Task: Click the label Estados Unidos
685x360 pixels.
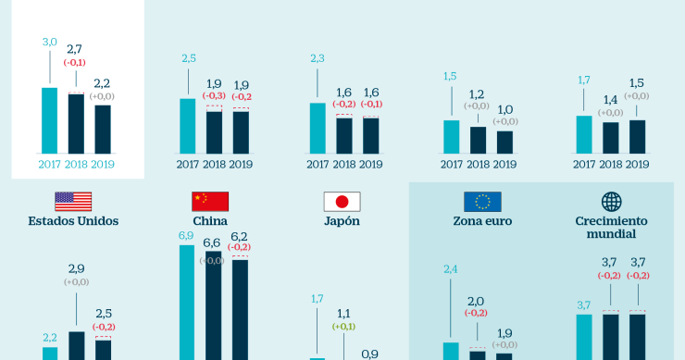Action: (x=73, y=222)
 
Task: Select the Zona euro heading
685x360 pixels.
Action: (x=482, y=222)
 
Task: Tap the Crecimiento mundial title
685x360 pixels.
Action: (x=611, y=228)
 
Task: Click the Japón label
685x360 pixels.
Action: (x=341, y=222)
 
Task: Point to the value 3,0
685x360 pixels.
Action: (x=50, y=42)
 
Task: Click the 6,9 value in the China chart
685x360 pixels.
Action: (x=186, y=237)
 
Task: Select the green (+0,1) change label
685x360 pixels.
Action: (x=344, y=327)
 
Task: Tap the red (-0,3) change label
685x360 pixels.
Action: (x=215, y=95)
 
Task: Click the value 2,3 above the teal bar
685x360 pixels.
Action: (x=318, y=58)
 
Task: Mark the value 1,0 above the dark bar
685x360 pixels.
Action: (x=504, y=109)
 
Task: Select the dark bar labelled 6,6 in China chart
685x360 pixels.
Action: (x=214, y=305)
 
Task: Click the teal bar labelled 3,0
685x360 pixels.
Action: (x=50, y=120)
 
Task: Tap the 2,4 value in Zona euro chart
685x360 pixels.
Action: (x=451, y=269)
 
